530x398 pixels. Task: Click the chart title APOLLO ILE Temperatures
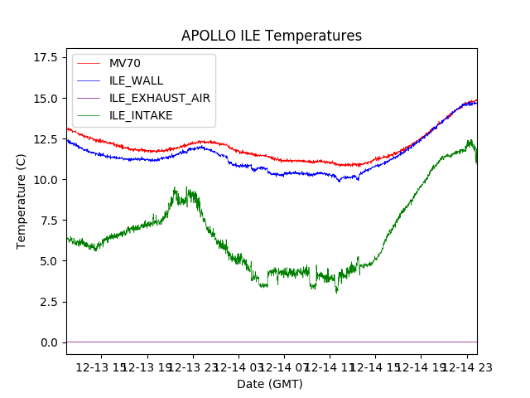point(272,36)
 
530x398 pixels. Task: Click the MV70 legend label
point(125,64)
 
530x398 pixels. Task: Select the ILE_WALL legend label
point(136,80)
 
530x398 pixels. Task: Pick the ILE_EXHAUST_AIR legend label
point(159,98)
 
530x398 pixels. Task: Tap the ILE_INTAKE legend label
point(141,115)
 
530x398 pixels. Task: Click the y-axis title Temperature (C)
point(22,201)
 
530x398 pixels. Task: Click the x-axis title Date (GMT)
point(270,384)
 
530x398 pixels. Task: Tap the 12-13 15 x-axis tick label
point(102,366)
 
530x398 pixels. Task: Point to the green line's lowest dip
point(336,292)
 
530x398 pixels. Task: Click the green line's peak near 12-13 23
point(175,188)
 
